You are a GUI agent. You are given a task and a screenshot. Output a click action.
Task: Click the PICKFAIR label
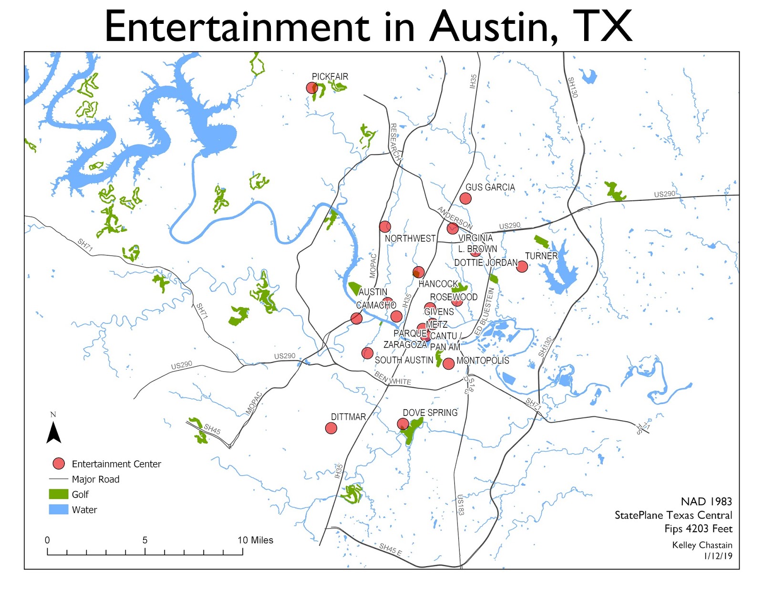[x=330, y=77]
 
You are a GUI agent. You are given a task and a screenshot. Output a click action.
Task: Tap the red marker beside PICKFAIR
[x=312, y=88]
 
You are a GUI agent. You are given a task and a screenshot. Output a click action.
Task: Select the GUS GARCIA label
[x=490, y=187]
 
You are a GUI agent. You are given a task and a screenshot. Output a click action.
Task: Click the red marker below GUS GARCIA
[x=465, y=198]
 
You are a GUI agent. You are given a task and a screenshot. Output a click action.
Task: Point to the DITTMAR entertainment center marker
[x=331, y=428]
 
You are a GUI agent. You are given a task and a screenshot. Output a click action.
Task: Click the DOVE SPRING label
[x=430, y=413]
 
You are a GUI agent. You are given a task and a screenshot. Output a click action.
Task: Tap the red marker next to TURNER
[x=522, y=267]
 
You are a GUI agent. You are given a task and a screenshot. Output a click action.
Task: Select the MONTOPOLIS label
[x=483, y=361]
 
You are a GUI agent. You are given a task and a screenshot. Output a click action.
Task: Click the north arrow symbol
[x=53, y=431]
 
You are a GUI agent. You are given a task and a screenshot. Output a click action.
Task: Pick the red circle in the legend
[x=59, y=464]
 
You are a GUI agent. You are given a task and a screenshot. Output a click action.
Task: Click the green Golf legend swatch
[x=58, y=494]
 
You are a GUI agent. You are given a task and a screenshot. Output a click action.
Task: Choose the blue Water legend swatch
[x=58, y=509]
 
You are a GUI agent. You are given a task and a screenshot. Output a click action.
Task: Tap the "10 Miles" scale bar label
[x=255, y=540]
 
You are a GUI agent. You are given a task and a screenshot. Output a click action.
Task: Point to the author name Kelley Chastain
[x=702, y=545]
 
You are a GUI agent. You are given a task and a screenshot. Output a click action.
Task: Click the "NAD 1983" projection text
[x=706, y=501]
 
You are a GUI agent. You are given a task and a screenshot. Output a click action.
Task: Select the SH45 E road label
[x=391, y=549]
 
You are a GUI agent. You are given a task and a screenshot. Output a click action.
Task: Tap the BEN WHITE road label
[x=392, y=379]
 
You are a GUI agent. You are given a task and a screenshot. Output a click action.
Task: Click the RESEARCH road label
[x=395, y=141]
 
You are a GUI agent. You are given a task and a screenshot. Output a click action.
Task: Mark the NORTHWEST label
[x=410, y=238]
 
